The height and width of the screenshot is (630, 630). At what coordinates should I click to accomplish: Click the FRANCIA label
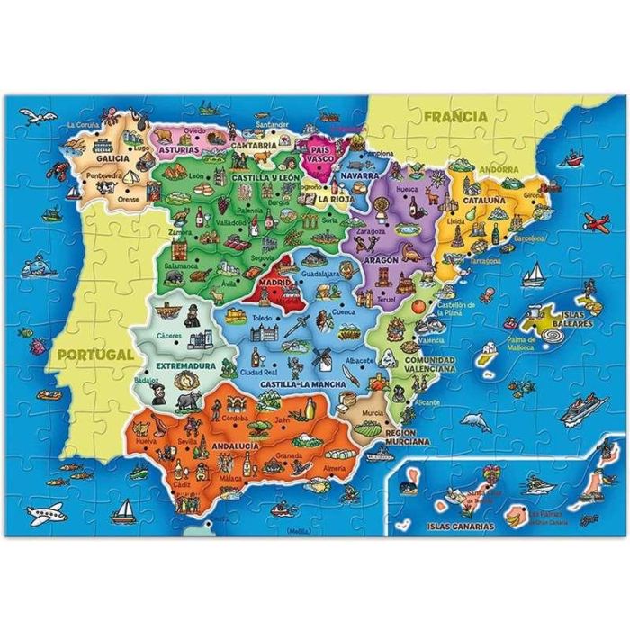point(456,116)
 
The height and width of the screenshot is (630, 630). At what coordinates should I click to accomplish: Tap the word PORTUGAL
point(94,354)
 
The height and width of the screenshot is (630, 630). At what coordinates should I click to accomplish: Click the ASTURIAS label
point(179,150)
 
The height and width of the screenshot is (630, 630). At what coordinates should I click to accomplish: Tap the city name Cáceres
point(169,336)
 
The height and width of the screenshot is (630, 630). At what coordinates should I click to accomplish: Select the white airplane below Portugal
point(45,515)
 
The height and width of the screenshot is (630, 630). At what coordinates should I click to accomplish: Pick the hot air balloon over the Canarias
point(492,473)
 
